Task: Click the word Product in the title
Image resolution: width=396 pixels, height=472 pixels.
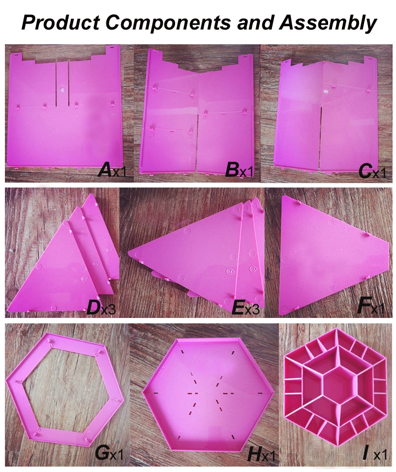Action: [61, 22]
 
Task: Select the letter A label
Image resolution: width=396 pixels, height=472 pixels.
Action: [105, 169]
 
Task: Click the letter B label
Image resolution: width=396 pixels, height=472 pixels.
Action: [232, 169]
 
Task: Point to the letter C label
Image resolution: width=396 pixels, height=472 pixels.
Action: [365, 170]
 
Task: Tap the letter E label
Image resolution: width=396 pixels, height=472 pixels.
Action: [238, 307]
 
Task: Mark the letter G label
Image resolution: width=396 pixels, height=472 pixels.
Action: [102, 452]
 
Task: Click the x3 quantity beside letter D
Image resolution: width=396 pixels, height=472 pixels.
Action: [108, 309]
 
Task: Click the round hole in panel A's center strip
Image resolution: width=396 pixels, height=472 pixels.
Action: [62, 90]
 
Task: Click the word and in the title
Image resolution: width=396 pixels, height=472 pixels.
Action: [255, 22]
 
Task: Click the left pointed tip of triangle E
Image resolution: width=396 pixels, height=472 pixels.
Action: [128, 252]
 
